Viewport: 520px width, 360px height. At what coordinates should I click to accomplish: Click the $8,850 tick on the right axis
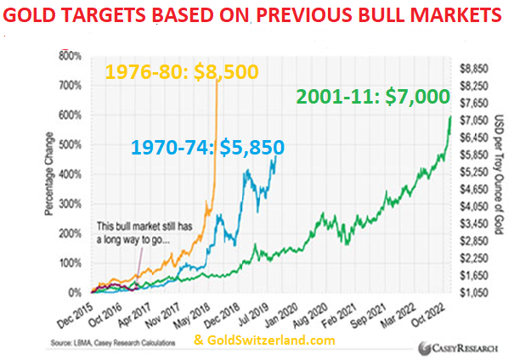(x=474, y=66)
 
